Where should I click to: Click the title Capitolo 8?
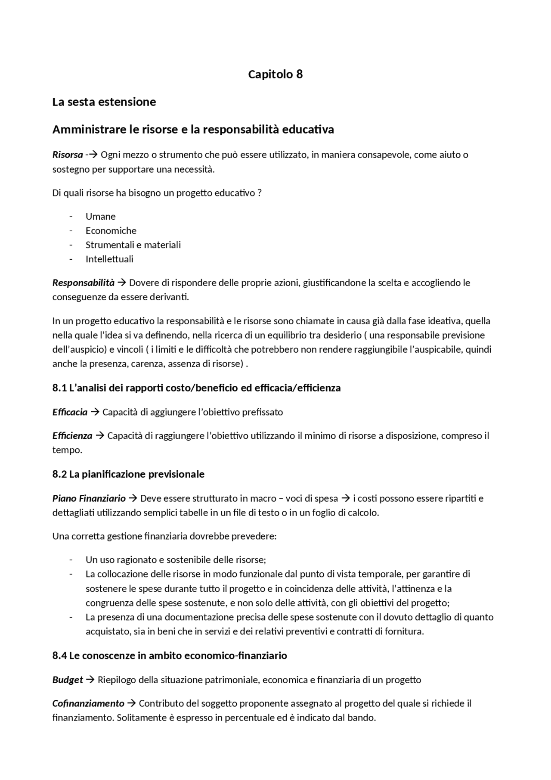pos(275,75)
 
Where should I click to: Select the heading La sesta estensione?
pos(104,102)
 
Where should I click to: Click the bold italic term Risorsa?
pos(68,155)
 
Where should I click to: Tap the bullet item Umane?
pos(100,216)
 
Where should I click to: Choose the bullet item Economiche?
pos(111,230)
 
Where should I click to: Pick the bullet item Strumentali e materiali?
pos(133,245)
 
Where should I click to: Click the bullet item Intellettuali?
pos(109,259)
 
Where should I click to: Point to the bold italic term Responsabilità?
pos(84,283)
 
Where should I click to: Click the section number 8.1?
pos(59,388)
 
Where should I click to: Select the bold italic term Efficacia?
pos(70,412)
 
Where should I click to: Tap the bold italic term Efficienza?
pos(72,436)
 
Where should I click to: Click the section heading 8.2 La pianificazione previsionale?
pos(128,474)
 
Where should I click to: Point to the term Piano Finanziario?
pos(89,498)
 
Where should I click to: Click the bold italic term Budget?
pos(68,680)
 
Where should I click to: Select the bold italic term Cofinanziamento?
pos(88,704)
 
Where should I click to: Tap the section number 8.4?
pos(59,656)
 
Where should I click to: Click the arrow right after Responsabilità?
pos(121,283)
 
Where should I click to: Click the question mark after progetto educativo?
pos(259,193)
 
